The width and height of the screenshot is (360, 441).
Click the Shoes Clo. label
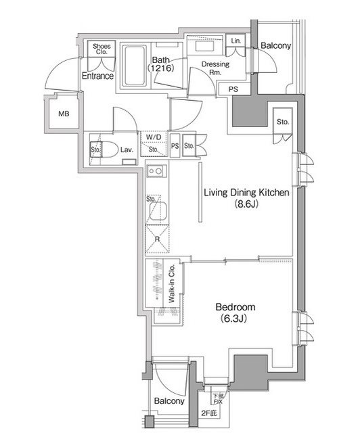coord(102,49)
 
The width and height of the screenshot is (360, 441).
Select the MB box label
coord(64,114)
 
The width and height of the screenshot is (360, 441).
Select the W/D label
coord(154,137)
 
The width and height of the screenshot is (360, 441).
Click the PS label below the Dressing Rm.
coord(233,89)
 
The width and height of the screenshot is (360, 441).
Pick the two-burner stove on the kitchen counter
coord(154,172)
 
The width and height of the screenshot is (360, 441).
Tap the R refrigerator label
coord(156,239)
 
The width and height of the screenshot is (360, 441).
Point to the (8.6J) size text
coord(247,204)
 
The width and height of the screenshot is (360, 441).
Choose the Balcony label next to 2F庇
coord(168,401)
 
